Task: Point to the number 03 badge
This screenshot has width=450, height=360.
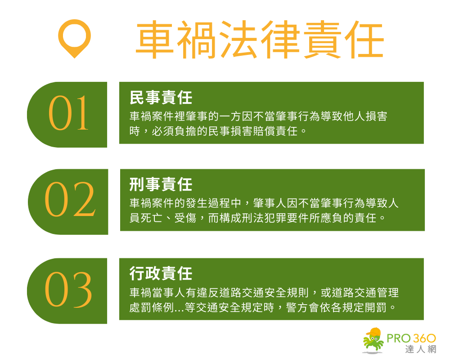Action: point(69,290)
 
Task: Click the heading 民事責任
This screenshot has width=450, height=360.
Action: point(161,97)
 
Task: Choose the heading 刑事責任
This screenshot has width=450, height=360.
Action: point(161,184)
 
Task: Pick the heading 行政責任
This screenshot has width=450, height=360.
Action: point(161,273)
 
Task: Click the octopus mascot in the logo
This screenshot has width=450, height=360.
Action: point(373,340)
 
